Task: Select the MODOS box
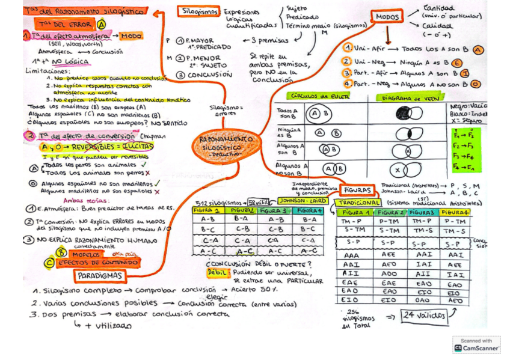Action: point(389,17)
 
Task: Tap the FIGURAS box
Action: point(357,189)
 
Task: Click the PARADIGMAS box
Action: point(100,276)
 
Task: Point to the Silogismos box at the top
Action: point(200,11)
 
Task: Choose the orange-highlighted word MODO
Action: point(131,36)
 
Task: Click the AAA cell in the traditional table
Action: point(352,255)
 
